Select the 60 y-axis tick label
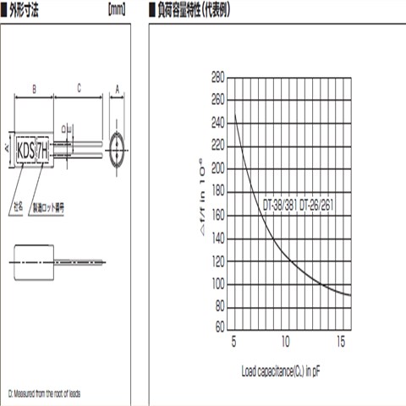217,326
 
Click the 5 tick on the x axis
233,342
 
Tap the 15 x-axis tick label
341,342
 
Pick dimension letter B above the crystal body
32,88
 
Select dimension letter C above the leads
78,88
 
